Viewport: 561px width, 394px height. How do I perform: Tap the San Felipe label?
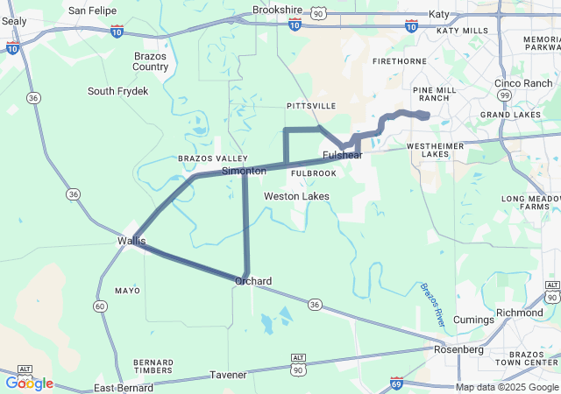pos(92,11)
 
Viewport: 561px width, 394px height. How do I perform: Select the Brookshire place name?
pos(277,11)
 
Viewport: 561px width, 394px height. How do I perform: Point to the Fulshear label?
pos(342,155)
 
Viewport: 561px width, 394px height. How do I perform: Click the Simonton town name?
pos(244,171)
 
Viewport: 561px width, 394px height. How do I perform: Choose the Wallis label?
pos(131,240)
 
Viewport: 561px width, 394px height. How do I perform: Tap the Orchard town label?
pos(252,281)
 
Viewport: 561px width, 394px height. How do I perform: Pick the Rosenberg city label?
pos(459,349)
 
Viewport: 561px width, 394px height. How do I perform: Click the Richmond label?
pos(520,313)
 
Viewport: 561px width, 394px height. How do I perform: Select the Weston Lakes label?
pos(296,196)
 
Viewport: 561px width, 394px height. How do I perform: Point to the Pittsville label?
pos(311,106)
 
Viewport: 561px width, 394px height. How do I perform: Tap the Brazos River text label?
pos(433,305)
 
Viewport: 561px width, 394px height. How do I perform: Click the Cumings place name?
pos(474,320)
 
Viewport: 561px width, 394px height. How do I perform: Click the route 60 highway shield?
pos(101,306)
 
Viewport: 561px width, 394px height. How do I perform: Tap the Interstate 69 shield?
pos(397,383)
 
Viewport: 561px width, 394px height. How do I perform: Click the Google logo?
pos(29,383)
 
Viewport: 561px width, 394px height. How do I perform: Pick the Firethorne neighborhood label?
pos(399,62)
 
